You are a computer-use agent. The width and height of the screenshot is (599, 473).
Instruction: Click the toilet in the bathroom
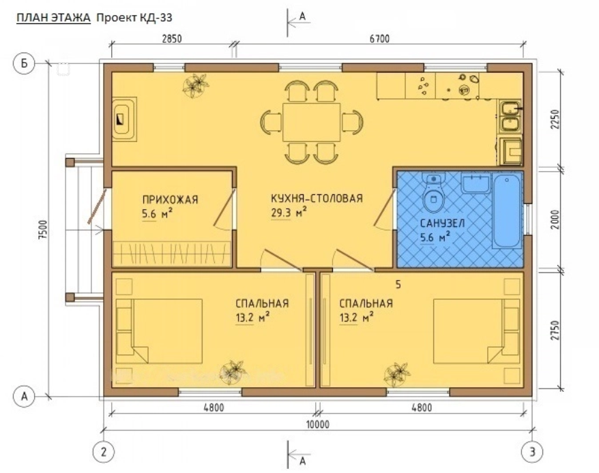[434, 193]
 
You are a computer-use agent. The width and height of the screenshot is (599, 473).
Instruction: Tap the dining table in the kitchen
[311, 122]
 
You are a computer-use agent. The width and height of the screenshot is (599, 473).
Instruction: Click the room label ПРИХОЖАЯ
[170, 200]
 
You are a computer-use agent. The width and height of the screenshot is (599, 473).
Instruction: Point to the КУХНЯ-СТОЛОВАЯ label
[317, 198]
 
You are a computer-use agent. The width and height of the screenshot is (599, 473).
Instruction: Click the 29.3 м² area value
[289, 212]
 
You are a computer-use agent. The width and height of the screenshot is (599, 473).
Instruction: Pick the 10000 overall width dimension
[317, 424]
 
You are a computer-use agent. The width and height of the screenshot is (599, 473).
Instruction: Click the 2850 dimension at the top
[171, 39]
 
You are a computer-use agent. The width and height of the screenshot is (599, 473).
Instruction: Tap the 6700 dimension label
[380, 39]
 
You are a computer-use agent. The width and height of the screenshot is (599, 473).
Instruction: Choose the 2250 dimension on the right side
[555, 119]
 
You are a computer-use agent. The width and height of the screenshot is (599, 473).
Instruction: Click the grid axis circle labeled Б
[25, 63]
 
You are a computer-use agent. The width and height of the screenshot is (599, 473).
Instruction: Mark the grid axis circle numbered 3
[533, 452]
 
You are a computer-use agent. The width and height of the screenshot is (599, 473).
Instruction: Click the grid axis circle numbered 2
[104, 452]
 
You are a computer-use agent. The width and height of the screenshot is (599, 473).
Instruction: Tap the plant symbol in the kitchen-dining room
[196, 85]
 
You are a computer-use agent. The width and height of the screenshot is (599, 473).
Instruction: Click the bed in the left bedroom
[159, 331]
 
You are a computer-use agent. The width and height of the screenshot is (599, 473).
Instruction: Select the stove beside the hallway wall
[124, 119]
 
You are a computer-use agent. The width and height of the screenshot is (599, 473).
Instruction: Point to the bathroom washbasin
[476, 183]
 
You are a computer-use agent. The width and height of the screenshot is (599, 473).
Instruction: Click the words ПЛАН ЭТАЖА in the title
[53, 18]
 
